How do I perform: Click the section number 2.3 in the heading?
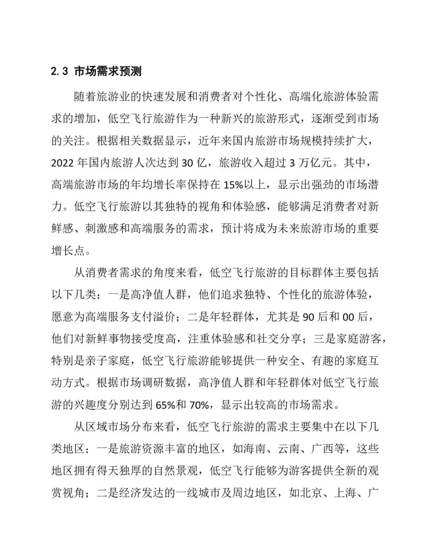click(59, 72)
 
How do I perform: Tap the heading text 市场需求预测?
click(108, 72)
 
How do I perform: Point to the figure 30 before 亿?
click(188, 163)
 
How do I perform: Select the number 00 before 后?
click(348, 317)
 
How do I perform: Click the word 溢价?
click(165, 317)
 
